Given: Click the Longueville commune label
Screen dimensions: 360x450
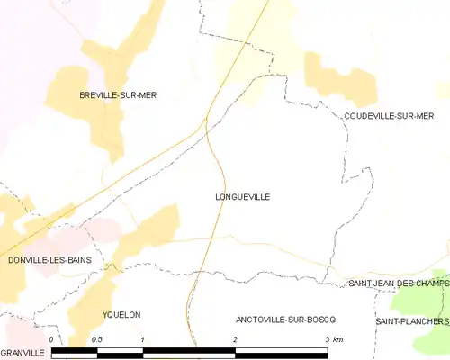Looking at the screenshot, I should pos(243,196).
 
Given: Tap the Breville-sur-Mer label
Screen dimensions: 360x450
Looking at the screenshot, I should pos(118,94).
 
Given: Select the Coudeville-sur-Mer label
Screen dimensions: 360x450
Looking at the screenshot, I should pos(389,116).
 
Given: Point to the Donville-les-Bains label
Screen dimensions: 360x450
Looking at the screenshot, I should pos(49,260).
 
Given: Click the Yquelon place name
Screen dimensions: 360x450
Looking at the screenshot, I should pos(123,314).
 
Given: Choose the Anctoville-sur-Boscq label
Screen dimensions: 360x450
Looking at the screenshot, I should pos(285,319).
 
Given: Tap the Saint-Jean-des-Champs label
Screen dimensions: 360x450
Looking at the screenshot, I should pos(398,284).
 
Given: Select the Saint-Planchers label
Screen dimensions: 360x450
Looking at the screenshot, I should pos(411,321).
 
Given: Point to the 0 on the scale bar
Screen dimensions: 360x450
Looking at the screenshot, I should pos(51,338).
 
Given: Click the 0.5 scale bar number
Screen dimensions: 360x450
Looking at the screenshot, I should pos(97,338).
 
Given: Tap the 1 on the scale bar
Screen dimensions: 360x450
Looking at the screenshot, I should pos(143,338).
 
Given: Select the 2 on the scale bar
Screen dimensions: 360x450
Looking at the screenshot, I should pos(235,338).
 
